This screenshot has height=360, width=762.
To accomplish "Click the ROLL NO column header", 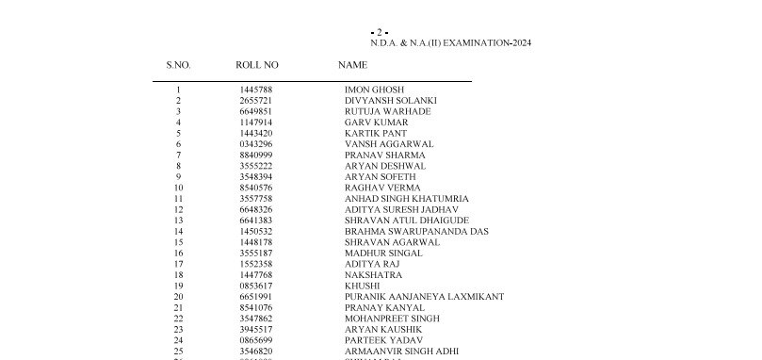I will (x=257, y=65).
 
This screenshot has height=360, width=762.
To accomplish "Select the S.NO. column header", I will (x=179, y=65).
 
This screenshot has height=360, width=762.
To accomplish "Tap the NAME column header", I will (x=352, y=65).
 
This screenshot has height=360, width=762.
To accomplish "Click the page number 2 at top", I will (x=380, y=32).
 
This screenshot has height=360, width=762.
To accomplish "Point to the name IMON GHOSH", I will (x=374, y=90).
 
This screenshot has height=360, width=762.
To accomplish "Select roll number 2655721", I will (x=255, y=101).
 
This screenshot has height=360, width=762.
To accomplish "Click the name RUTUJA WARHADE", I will (x=387, y=111).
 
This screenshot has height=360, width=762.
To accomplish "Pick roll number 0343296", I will (x=255, y=144).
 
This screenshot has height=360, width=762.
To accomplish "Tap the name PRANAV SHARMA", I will (x=384, y=155).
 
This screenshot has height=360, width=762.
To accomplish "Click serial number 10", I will (x=178, y=188).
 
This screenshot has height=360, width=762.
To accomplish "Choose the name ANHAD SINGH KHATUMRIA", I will (x=406, y=199).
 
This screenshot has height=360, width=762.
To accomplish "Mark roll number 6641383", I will (x=255, y=221).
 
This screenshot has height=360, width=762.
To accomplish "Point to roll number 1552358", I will (x=255, y=264).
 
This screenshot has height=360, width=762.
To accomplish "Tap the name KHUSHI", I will (x=363, y=286).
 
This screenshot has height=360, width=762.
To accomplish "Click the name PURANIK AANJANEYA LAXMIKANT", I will (x=424, y=297).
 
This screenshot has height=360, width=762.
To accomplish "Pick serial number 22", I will (x=178, y=319).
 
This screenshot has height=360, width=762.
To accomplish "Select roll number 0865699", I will (x=255, y=340).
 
